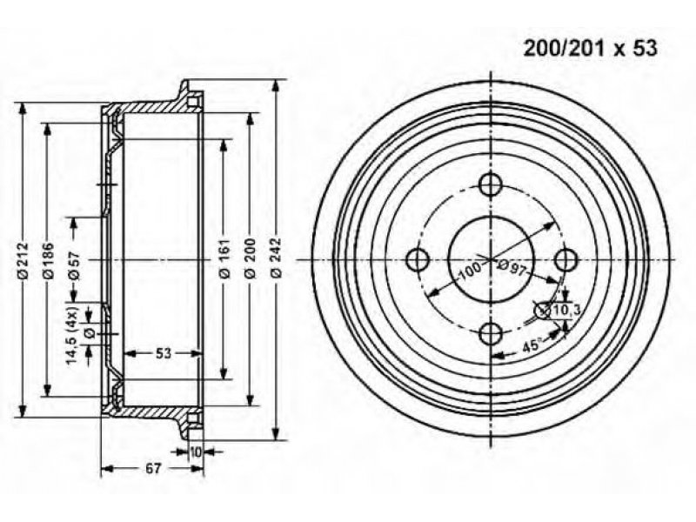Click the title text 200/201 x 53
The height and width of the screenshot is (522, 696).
point(590,49)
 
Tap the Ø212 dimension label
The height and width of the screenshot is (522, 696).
point(23,260)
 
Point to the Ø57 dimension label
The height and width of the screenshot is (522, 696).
point(74,265)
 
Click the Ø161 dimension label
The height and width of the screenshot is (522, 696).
point(224,258)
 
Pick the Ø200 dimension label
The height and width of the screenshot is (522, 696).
point(251,258)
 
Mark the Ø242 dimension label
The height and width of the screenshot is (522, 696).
point(276,258)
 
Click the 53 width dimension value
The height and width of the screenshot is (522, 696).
point(164,353)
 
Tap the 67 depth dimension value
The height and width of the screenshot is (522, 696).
point(152,468)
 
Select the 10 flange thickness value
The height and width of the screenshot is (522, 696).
point(195,452)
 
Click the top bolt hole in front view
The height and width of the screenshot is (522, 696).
point(491,185)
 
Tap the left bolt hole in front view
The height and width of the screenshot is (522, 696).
point(418,259)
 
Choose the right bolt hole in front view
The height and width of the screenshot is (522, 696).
point(567,259)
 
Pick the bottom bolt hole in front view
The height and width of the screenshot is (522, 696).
point(492,333)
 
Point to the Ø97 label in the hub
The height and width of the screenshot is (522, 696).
point(512,267)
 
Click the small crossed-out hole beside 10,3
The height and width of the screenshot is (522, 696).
point(543,311)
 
